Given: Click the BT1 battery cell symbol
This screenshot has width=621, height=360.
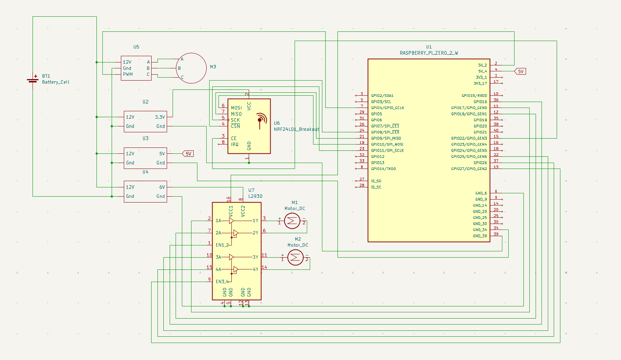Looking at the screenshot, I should pos(33,79).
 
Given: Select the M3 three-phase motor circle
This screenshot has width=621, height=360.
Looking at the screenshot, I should pos(191,68).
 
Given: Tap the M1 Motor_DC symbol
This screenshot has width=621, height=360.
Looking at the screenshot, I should pos(292,221).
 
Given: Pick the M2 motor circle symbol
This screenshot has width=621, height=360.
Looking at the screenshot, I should pos(295,257).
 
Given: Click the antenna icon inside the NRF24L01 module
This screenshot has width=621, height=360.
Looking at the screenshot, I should pos(261,120).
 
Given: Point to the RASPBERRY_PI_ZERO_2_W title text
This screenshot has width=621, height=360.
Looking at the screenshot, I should pos(429,53).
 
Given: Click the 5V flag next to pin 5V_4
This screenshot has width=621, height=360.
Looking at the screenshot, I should pos(520,71).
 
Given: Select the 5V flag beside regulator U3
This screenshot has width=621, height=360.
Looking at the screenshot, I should pos(188,154).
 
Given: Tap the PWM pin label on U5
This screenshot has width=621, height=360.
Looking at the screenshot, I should pos(128,74).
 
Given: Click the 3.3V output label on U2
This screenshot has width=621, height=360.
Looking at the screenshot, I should pos(160,117).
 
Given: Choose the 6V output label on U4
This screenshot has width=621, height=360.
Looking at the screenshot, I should pos(162,187).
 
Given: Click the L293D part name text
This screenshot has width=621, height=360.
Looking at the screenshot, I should pos(255,196).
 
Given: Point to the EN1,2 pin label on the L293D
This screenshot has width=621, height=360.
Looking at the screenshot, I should pos(222,245).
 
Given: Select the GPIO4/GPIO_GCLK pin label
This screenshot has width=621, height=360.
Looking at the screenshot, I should pos(387,108).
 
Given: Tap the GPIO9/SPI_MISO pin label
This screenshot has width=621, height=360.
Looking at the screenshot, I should pos(386,138).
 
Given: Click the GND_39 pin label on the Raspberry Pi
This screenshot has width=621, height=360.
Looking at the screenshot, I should pos(480,236).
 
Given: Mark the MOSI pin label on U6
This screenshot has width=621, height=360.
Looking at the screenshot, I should pos(236,108).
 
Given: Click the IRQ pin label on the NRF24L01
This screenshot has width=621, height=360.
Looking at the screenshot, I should pos(235,145).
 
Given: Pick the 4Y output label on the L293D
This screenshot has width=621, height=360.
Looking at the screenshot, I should pos(255,269).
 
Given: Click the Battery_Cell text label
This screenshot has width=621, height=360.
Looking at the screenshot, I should pos(55,82).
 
